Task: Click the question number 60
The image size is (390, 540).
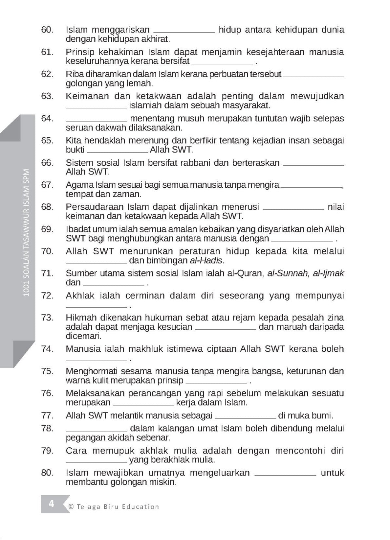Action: pos(47,30)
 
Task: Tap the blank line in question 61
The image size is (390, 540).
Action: pos(222,63)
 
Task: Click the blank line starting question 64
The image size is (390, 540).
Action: pos(96,120)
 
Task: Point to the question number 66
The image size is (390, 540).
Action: pos(47,163)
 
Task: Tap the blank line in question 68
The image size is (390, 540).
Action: pos(293,209)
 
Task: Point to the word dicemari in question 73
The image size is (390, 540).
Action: pos(83,336)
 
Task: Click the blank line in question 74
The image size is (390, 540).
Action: pos(96,360)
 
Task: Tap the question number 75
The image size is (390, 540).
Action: pos(47,371)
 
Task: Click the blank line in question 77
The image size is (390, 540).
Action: pos(245,418)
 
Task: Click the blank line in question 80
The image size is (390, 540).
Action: pos(285,475)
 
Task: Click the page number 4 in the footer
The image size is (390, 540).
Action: pos(52,504)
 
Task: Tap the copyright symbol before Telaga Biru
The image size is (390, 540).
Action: pos(71,507)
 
